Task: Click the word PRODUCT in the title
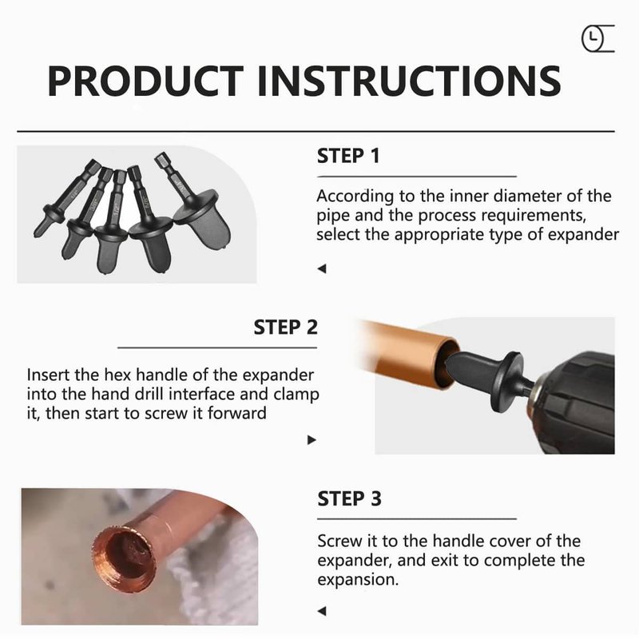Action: click(145, 81)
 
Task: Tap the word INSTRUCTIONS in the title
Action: click(410, 81)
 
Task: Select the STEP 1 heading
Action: click(348, 156)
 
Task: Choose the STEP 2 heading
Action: click(285, 327)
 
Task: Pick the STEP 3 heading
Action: click(349, 498)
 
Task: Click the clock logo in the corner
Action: click(597, 38)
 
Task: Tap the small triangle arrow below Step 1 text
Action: click(322, 268)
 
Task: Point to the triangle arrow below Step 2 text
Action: click(312, 440)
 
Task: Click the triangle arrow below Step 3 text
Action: click(322, 611)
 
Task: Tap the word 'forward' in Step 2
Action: click(236, 413)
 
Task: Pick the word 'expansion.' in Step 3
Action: click(358, 580)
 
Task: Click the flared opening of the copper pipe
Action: click(125, 558)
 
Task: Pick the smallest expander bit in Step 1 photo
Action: click(65, 200)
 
